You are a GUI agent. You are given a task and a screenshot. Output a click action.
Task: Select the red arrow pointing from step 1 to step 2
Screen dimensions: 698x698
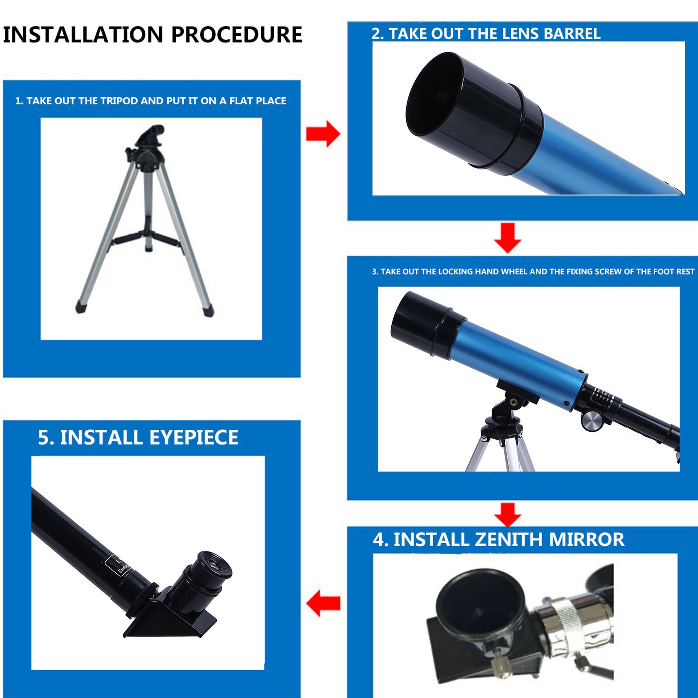pyautogui.click(x=323, y=134)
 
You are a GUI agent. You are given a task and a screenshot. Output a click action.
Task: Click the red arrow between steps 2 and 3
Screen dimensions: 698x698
pyautogui.click(x=507, y=238)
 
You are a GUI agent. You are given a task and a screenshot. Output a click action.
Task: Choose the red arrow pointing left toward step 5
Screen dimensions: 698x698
pyautogui.click(x=323, y=603)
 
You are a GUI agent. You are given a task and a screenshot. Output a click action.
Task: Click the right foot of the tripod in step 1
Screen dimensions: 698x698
pyautogui.click(x=209, y=310)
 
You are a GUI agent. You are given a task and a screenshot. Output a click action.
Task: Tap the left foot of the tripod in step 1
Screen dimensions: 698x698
pyautogui.click(x=81, y=307)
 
